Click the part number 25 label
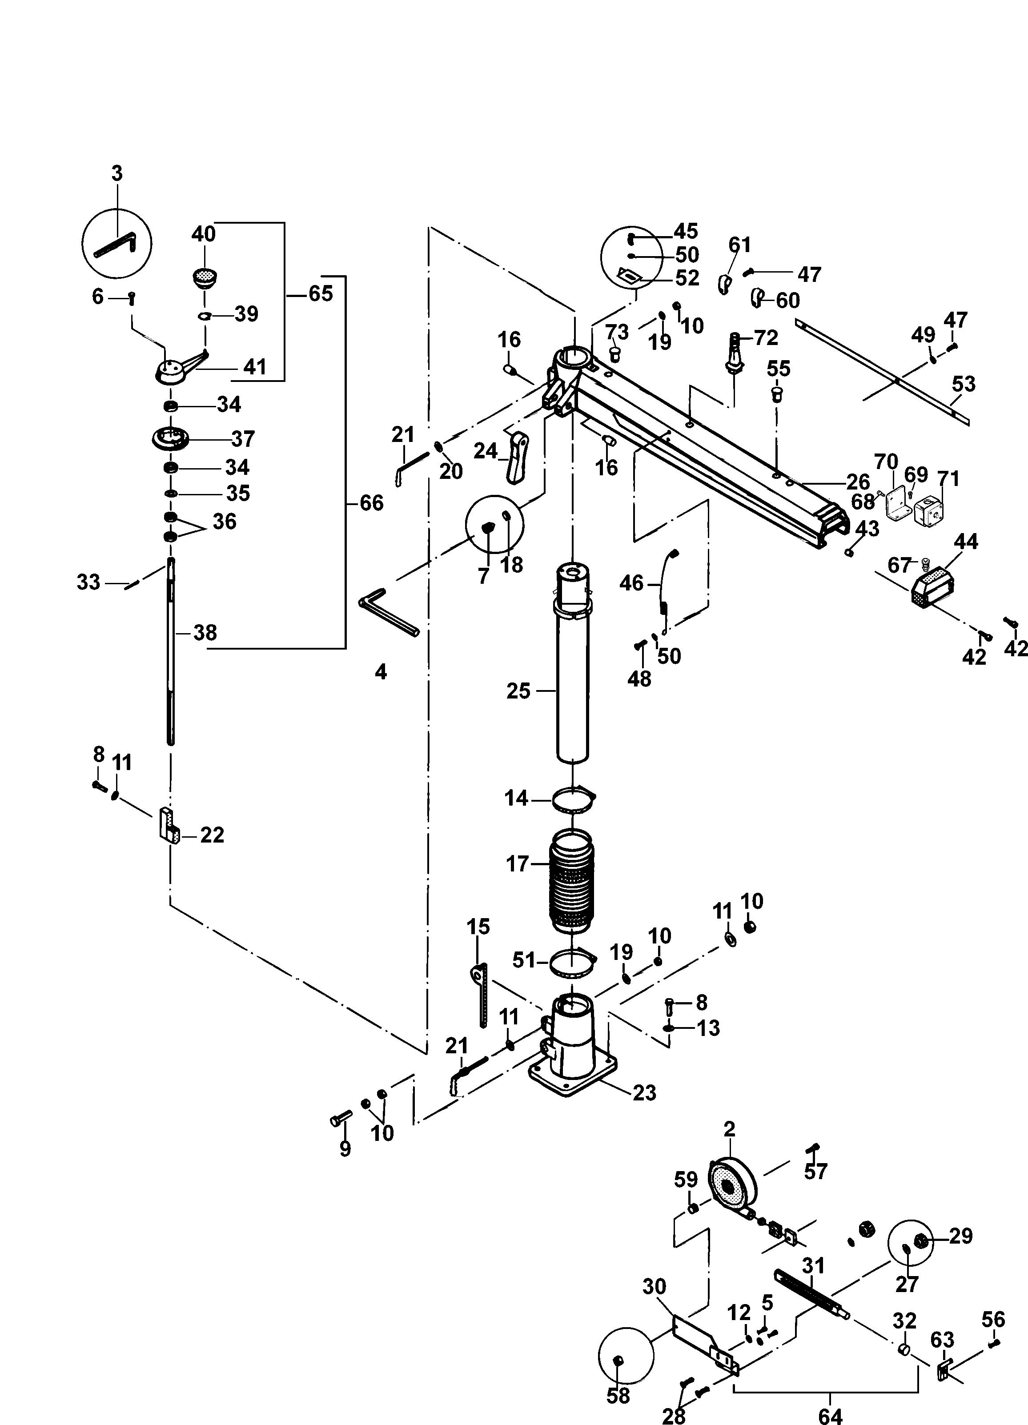click(x=518, y=691)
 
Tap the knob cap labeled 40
click(x=202, y=277)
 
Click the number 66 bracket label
click(x=371, y=503)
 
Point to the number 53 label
click(x=963, y=383)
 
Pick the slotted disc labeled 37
click(x=170, y=438)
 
